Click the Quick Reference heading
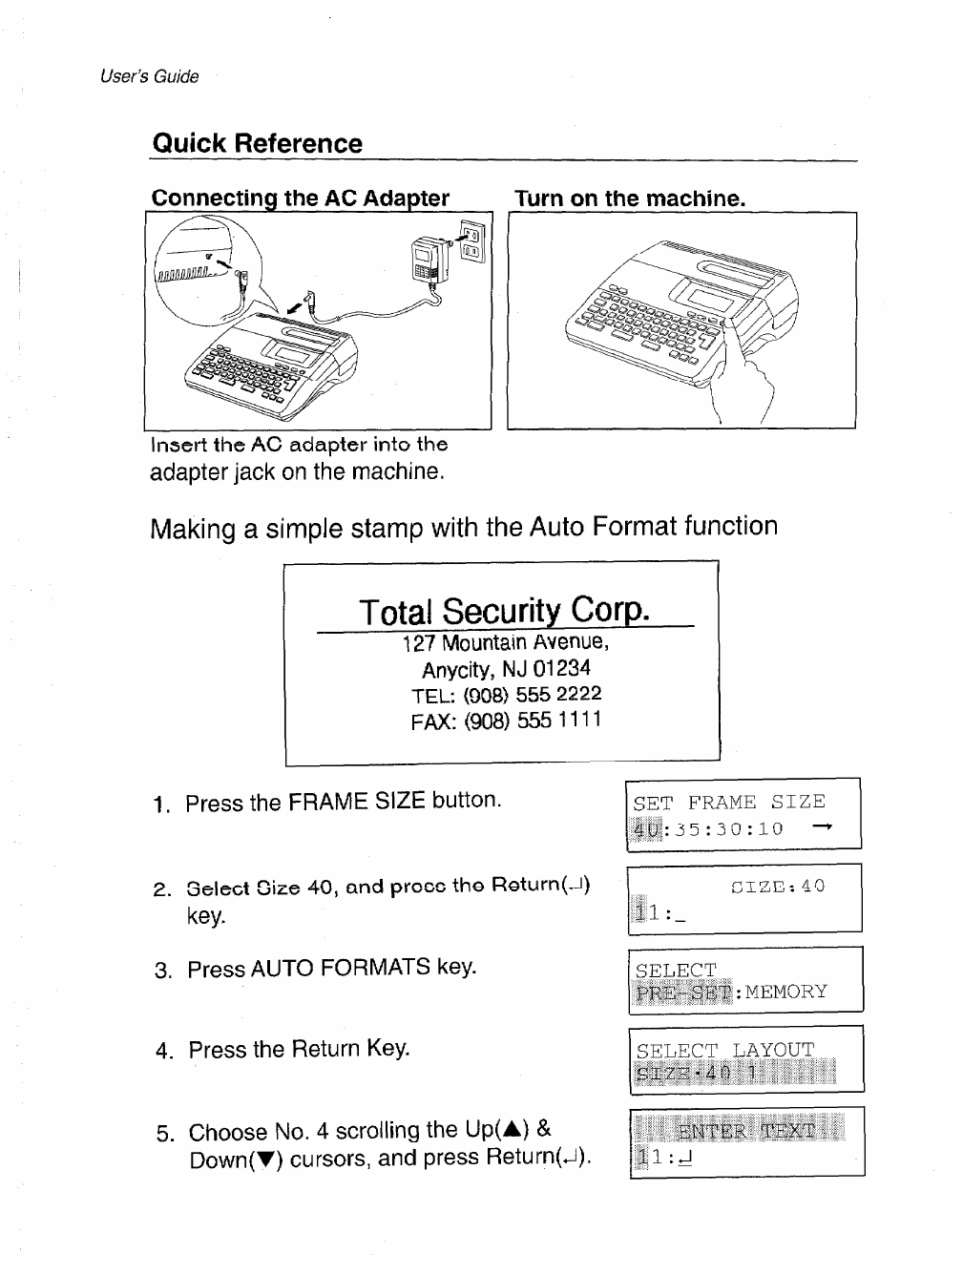(258, 144)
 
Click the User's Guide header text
(150, 77)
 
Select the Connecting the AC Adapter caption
(300, 199)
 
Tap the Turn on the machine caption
(629, 199)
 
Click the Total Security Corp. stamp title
(504, 611)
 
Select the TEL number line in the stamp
(507, 695)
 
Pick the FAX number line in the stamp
(506, 721)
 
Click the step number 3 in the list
(163, 972)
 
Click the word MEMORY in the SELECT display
(786, 992)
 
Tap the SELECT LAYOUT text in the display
(725, 1050)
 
